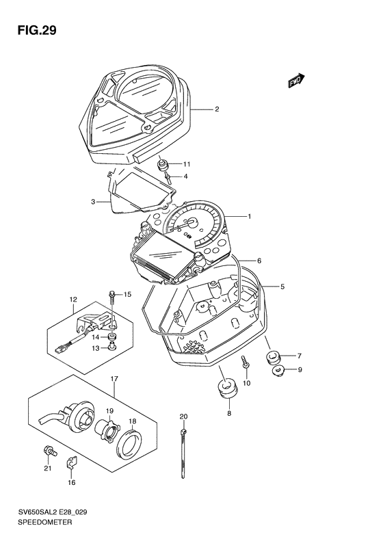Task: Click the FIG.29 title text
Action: (x=37, y=31)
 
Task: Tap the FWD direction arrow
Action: (x=296, y=81)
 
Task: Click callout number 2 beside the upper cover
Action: (x=217, y=109)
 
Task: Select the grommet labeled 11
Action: (x=162, y=165)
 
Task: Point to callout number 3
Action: (x=93, y=202)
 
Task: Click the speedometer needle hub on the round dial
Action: (x=192, y=222)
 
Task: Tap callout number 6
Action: (x=259, y=261)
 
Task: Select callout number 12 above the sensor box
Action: (x=73, y=299)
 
